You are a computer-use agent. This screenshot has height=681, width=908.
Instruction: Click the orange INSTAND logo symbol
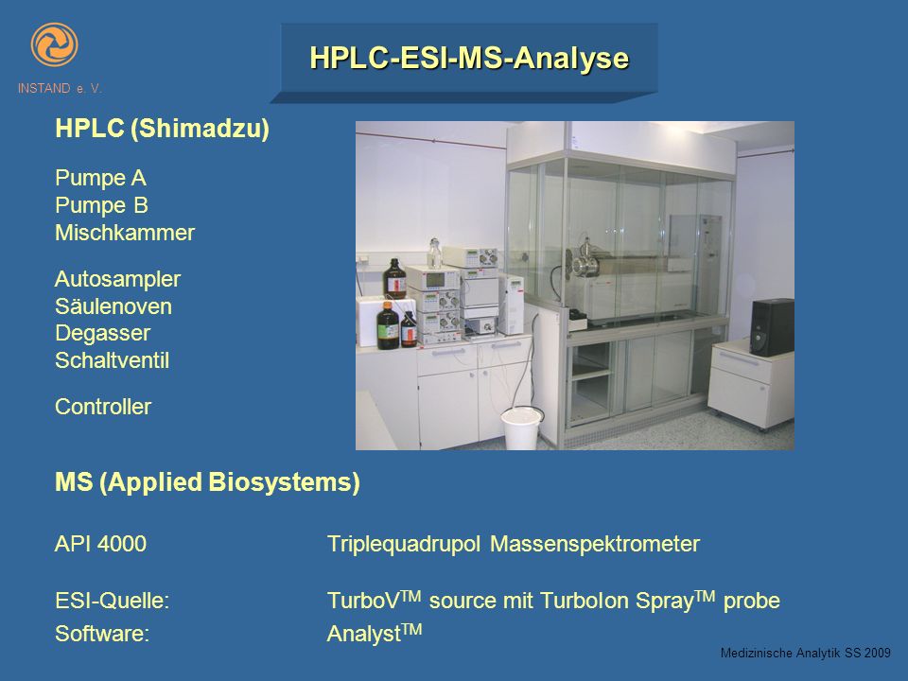[54, 44]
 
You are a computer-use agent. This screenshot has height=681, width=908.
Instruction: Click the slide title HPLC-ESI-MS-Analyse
[469, 58]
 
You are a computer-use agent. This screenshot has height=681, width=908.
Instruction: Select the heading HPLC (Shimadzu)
[162, 129]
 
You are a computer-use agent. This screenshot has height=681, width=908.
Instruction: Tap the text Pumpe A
[100, 178]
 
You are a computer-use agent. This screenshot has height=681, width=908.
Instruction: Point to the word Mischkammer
[125, 233]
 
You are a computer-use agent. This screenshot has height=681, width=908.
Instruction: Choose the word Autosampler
[117, 279]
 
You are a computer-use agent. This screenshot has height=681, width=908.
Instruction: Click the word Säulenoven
[113, 306]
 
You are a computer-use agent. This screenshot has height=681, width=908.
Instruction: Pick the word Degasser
[102, 333]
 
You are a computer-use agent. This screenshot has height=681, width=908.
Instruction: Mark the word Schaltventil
[112, 360]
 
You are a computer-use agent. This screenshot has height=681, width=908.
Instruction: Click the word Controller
[102, 407]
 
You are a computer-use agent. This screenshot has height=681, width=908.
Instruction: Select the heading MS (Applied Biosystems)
[207, 482]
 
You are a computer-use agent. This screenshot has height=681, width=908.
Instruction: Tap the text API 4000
[100, 544]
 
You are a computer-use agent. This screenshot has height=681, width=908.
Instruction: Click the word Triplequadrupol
[404, 545]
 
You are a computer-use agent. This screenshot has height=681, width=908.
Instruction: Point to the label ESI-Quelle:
[112, 601]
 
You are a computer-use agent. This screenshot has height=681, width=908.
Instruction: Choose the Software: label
[102, 634]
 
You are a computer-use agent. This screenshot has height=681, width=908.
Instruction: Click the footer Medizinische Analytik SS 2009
[806, 654]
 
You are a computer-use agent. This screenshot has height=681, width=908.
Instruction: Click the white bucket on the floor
[521, 428]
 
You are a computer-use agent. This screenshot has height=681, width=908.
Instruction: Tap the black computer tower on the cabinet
[773, 327]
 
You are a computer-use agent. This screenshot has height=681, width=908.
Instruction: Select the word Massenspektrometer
[595, 545]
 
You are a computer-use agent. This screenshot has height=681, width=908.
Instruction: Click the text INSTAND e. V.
[60, 89]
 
